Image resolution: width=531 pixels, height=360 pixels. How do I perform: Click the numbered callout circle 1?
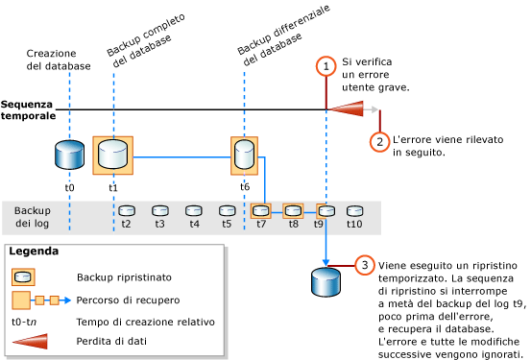326,66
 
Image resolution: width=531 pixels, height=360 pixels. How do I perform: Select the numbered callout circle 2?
380,141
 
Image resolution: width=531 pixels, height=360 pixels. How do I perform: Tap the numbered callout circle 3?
365,265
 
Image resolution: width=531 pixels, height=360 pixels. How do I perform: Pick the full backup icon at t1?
112,155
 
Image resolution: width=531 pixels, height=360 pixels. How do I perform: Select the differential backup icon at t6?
245,155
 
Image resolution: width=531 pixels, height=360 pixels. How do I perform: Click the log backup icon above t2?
127,210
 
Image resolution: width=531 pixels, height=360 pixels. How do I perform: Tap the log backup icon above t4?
194,210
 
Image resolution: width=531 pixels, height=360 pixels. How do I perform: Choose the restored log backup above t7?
260,210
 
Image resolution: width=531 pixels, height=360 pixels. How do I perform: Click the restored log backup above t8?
293,210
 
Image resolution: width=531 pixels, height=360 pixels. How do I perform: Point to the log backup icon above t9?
326,210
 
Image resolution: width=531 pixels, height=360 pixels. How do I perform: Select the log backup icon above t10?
354,210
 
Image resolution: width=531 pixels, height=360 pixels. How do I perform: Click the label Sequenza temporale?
28,109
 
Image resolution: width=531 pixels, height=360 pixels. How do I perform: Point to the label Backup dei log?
33,217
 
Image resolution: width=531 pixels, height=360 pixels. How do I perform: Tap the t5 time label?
227,224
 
